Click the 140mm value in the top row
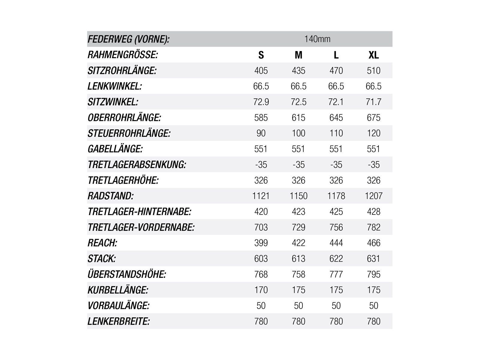click(x=317, y=39)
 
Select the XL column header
click(x=373, y=55)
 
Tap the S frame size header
click(x=261, y=55)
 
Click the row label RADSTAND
click(x=111, y=196)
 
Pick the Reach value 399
click(x=261, y=243)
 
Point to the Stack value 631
click(x=373, y=259)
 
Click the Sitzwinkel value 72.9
click(x=261, y=102)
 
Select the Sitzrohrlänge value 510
click(x=373, y=70)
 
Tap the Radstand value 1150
click(x=298, y=196)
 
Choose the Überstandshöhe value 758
click(x=298, y=274)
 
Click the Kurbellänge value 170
click(x=261, y=290)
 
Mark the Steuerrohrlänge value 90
click(x=261, y=133)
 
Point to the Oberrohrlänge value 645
click(x=336, y=118)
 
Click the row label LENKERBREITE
click(x=118, y=321)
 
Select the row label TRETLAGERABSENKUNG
click(x=137, y=165)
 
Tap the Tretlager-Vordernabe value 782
click(x=373, y=227)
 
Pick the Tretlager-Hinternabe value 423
click(x=298, y=211)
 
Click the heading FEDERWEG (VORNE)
click(x=128, y=39)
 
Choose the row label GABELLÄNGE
click(x=115, y=149)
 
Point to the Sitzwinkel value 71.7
click(x=373, y=102)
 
